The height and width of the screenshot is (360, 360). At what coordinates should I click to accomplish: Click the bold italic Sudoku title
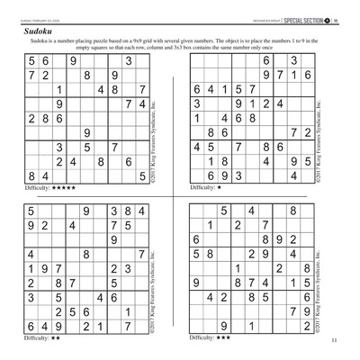tap(36, 31)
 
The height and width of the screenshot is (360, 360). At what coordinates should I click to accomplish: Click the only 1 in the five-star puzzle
tap(59, 90)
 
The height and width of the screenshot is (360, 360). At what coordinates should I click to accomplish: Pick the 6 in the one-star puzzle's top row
tap(266, 61)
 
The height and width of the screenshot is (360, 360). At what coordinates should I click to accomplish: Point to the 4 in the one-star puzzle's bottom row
tap(293, 176)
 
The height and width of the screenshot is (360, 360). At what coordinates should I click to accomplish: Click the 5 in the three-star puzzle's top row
tap(222, 211)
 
